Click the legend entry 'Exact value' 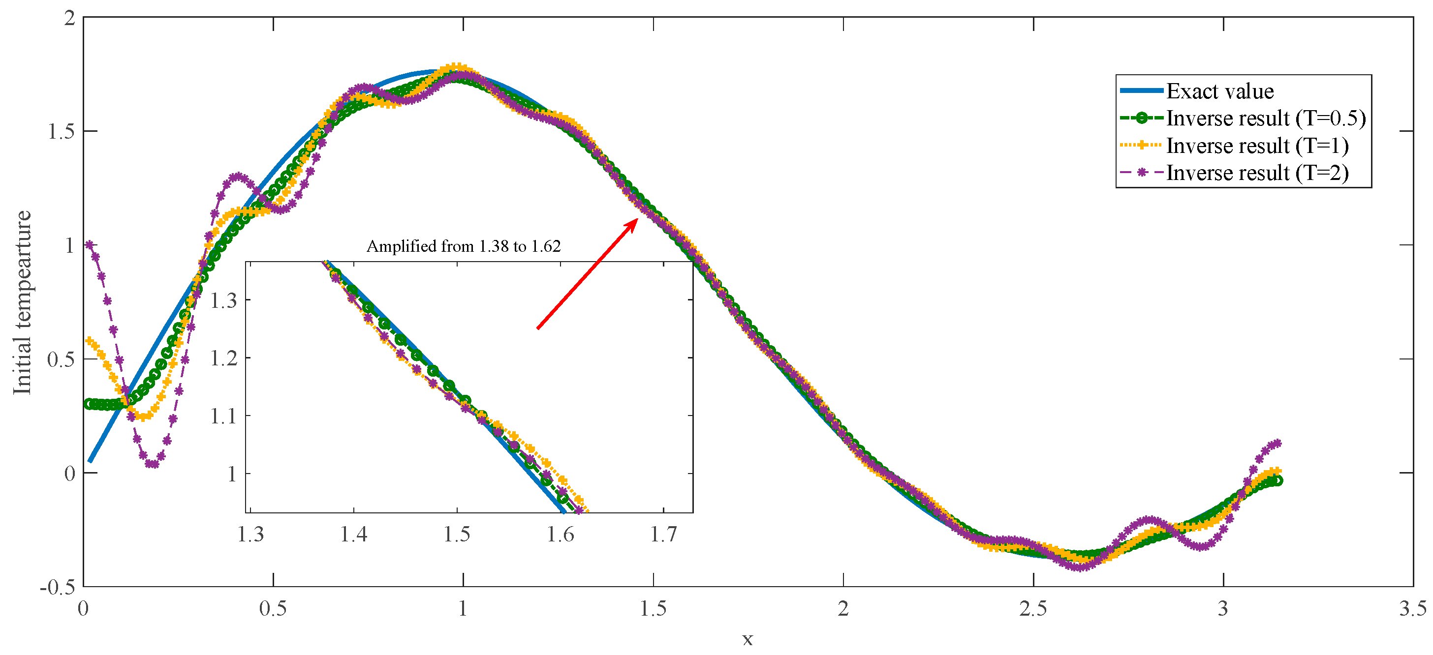1219,91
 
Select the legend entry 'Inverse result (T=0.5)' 1266,119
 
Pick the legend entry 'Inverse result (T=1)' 1257,146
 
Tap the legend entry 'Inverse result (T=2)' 1257,173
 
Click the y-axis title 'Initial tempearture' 22,302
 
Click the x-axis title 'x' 748,639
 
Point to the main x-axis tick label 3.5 1412,609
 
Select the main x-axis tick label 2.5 1033,609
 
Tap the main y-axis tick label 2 69,18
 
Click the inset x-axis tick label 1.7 664,535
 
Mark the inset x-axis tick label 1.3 250,535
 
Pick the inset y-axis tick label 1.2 223,358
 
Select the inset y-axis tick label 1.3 223,300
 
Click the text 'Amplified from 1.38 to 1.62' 464,246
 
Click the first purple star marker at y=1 90,245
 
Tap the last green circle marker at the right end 1277,480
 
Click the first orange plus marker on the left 89,340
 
